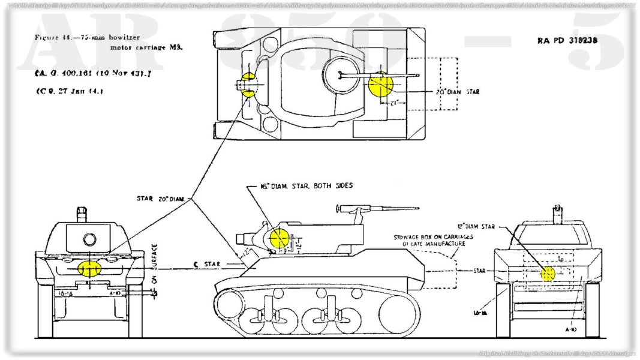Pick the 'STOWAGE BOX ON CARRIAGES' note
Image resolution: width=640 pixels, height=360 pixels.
(x=433, y=237)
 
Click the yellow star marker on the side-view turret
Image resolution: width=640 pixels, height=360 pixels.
(x=278, y=238)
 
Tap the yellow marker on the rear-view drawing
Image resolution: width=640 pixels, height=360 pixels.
(x=548, y=274)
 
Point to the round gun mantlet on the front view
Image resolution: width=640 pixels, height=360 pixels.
(x=89, y=240)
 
